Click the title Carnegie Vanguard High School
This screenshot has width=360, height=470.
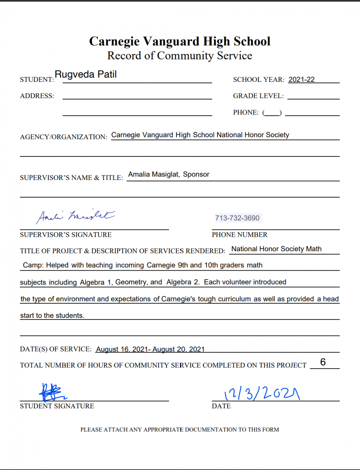(180, 41)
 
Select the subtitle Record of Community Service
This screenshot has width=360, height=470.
(180, 56)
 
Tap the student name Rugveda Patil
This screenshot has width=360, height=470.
(86, 75)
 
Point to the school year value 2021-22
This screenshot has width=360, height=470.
(301, 80)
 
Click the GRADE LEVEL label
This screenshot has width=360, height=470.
(258, 96)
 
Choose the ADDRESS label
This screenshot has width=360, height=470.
(37, 96)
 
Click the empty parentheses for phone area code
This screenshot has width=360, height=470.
(272, 113)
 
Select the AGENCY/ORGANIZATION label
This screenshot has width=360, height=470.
(64, 137)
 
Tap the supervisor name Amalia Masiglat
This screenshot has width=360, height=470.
(153, 174)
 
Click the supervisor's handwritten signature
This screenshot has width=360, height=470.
(75, 216)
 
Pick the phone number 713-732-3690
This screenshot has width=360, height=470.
(237, 218)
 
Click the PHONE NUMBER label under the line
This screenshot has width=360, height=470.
(240, 235)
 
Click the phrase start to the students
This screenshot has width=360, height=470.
(52, 315)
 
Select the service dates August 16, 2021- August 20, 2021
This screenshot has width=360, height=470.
(150, 349)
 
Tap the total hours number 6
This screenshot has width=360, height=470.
(323, 362)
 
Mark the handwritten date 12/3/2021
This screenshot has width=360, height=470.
(262, 394)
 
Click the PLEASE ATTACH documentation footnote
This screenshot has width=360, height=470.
(180, 430)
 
